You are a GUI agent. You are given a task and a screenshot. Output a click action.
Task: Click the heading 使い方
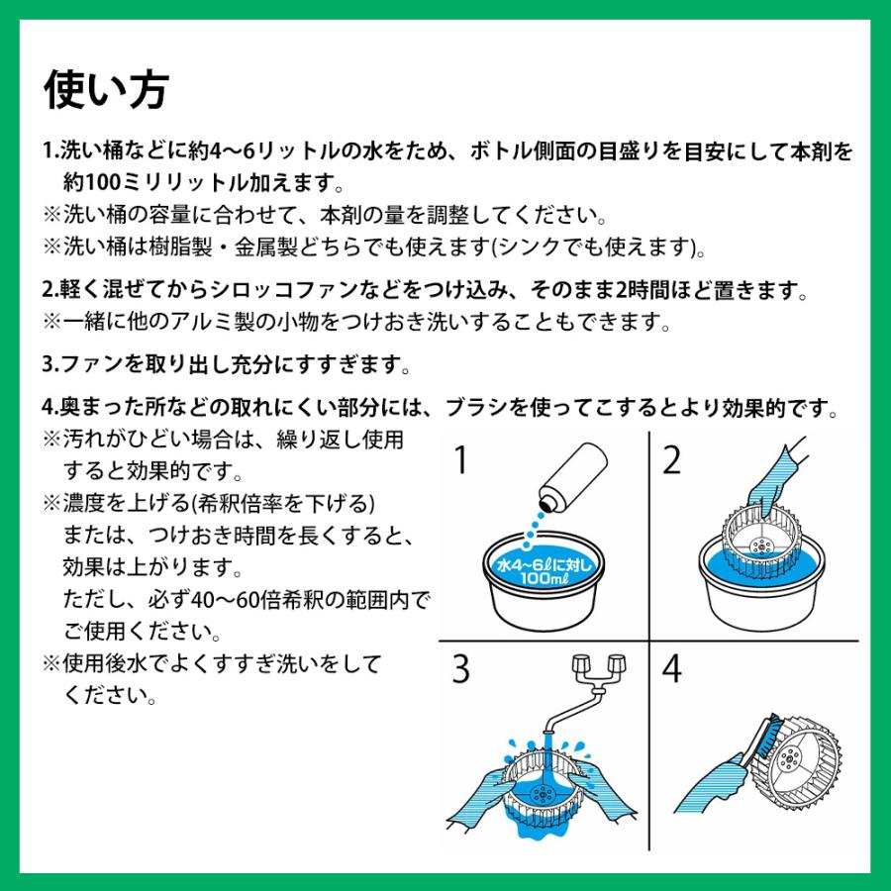[107, 90]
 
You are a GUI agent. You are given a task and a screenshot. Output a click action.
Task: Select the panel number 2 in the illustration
[673, 461]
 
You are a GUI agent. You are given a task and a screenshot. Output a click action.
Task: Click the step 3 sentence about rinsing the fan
[227, 363]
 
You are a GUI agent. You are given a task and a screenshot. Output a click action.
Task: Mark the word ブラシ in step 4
[479, 408]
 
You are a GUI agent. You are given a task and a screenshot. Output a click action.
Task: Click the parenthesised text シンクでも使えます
[614, 246]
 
